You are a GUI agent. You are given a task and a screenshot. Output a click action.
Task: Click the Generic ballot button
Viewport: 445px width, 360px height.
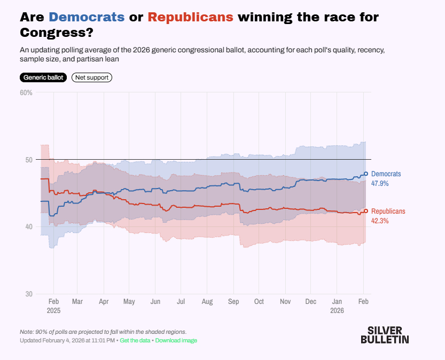pos(44,77)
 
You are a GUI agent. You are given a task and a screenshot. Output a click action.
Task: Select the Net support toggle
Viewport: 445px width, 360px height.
pos(92,77)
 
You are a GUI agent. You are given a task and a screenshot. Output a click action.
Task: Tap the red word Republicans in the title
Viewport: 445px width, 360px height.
pos(191,17)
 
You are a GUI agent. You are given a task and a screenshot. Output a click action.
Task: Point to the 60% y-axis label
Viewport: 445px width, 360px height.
pos(26,92)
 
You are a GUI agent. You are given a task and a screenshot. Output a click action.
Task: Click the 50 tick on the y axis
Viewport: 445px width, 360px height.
pos(29,160)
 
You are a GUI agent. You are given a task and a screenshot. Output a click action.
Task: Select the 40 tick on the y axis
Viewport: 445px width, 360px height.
pos(29,227)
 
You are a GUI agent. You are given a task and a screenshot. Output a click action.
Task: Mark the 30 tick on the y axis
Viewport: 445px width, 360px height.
pos(29,294)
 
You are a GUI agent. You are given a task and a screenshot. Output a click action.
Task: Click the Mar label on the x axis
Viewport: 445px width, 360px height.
pos(78,302)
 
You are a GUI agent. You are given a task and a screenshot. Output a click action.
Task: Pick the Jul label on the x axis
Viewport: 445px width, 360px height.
pos(181,302)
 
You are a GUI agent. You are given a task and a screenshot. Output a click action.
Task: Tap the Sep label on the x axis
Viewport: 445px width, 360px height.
pos(233,302)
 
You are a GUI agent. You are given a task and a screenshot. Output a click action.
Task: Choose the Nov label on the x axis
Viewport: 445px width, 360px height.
pos(285,302)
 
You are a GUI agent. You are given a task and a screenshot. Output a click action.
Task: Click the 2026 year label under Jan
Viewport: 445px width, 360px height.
pos(337,310)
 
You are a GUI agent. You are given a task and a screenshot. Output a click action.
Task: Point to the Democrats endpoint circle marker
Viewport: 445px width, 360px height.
pos(366,174)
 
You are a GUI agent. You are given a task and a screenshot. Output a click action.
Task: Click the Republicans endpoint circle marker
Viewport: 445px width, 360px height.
pos(366,211)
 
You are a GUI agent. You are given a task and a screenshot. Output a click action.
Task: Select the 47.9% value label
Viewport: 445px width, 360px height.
pos(380,183)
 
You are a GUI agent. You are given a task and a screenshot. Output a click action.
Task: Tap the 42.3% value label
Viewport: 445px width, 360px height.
pos(380,221)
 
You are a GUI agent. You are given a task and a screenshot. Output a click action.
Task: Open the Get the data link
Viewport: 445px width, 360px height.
pos(136,340)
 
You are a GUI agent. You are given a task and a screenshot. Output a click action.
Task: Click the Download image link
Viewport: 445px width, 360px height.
pos(176,340)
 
